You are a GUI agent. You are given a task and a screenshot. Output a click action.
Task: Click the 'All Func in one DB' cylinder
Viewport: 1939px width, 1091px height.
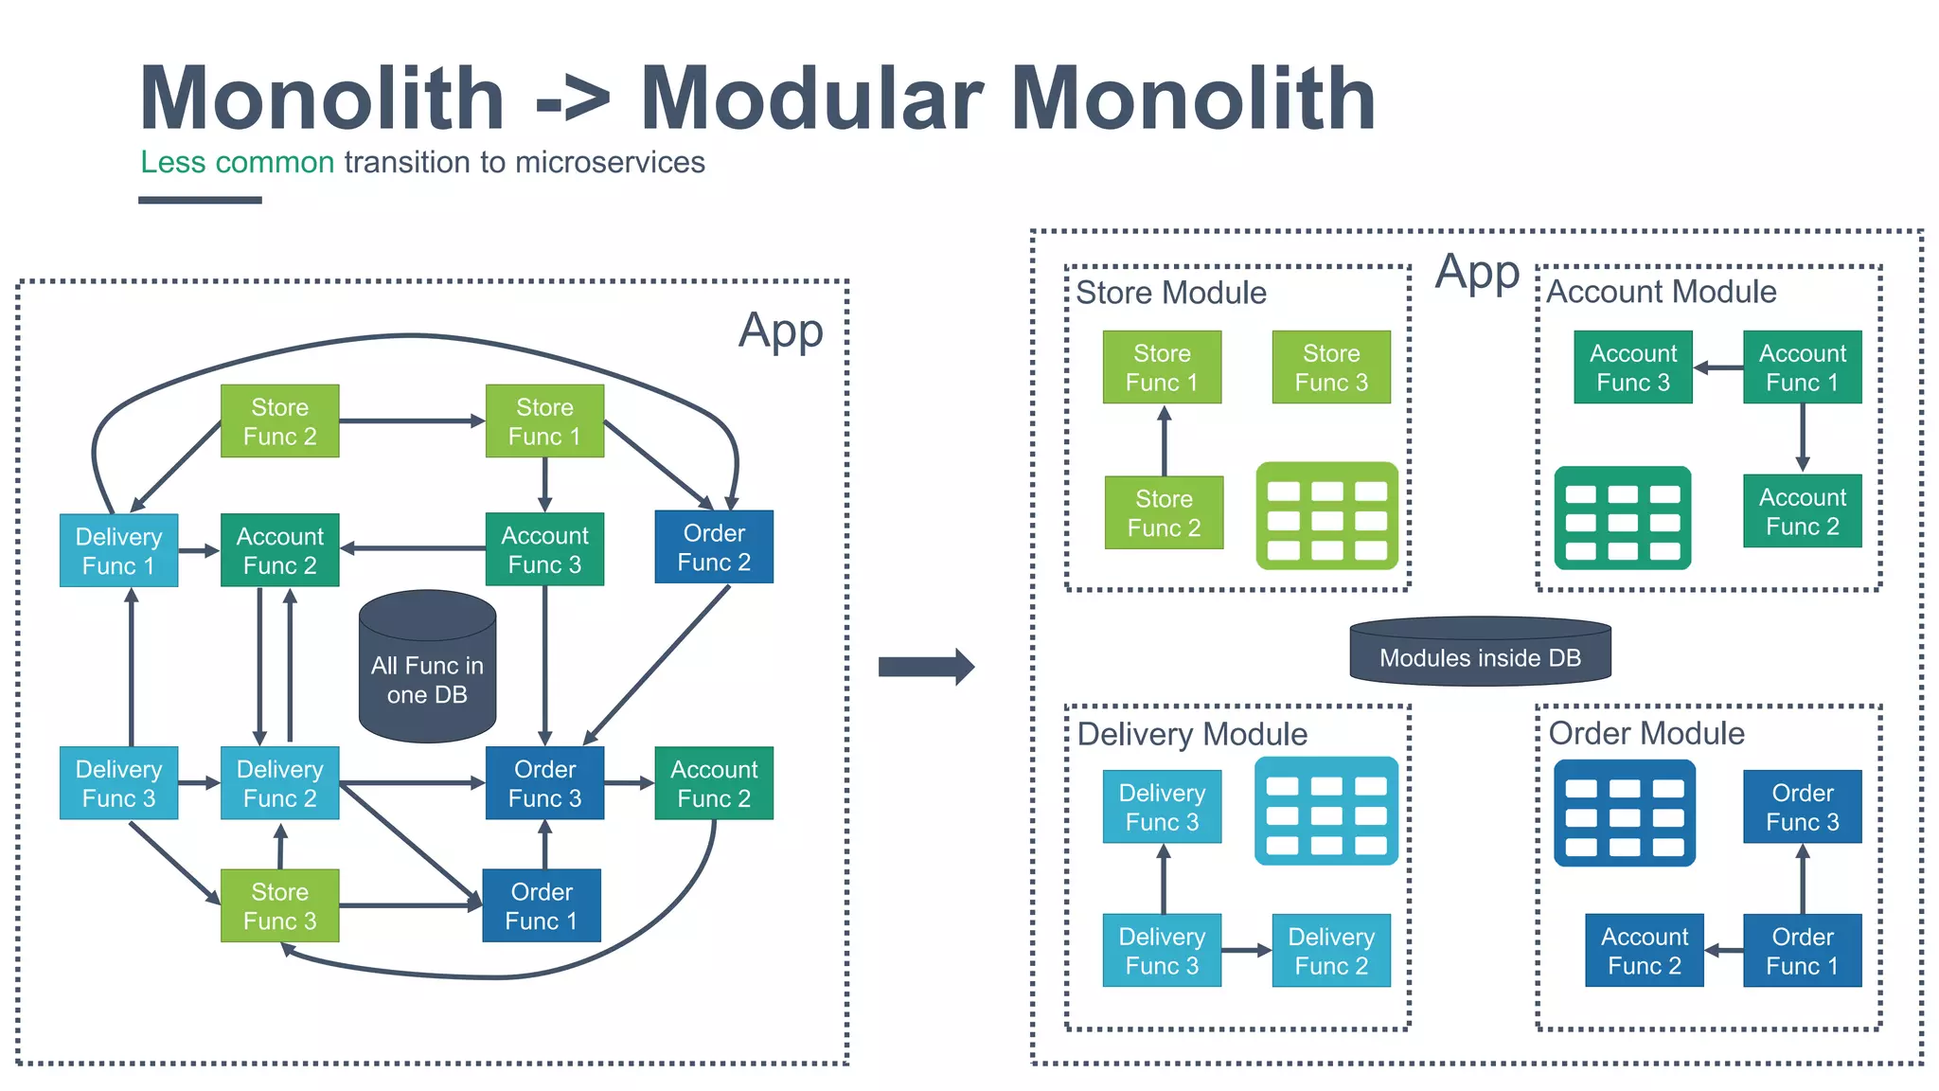tap(427, 669)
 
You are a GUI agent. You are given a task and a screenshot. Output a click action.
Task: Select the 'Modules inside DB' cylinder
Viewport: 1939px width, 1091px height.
tap(1480, 653)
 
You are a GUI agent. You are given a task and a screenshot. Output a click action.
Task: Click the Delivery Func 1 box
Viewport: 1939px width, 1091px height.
tap(118, 550)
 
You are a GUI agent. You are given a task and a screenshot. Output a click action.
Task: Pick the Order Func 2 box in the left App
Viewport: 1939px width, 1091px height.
tap(714, 547)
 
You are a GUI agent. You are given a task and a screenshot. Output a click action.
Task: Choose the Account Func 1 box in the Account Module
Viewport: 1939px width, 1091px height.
tap(1802, 367)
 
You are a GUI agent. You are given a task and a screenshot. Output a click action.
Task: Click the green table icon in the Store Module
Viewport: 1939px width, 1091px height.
tap(1326, 516)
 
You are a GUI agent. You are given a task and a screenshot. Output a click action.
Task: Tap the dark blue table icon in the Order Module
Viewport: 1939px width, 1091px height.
tap(1624, 814)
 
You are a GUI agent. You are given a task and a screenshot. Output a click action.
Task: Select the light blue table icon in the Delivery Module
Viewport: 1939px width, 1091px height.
tap(1325, 811)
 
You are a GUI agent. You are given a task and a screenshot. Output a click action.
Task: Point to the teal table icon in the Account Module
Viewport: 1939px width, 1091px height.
tap(1622, 518)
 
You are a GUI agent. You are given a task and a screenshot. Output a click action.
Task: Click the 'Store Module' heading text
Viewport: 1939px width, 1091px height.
tap(1171, 293)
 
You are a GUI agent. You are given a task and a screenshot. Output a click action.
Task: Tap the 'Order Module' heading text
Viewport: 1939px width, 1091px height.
tap(1646, 733)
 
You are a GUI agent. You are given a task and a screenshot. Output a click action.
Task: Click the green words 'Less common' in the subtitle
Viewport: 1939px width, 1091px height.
tap(237, 162)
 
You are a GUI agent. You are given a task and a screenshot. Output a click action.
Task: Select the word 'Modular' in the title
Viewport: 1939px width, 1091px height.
tap(811, 98)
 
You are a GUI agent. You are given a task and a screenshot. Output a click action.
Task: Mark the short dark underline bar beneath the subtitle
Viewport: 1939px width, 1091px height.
tap(200, 200)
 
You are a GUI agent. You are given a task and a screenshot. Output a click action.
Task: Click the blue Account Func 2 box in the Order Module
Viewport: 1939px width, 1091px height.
tap(1644, 951)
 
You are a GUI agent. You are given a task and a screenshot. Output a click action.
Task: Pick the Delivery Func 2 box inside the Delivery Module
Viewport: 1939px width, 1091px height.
tap(1330, 951)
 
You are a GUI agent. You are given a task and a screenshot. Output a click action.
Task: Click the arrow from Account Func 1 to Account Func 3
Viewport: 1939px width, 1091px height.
tap(1717, 367)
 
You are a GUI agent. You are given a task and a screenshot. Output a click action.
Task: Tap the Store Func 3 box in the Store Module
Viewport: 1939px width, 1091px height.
tap(1330, 367)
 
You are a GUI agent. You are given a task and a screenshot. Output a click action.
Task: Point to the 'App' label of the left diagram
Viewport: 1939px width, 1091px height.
tap(780, 331)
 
